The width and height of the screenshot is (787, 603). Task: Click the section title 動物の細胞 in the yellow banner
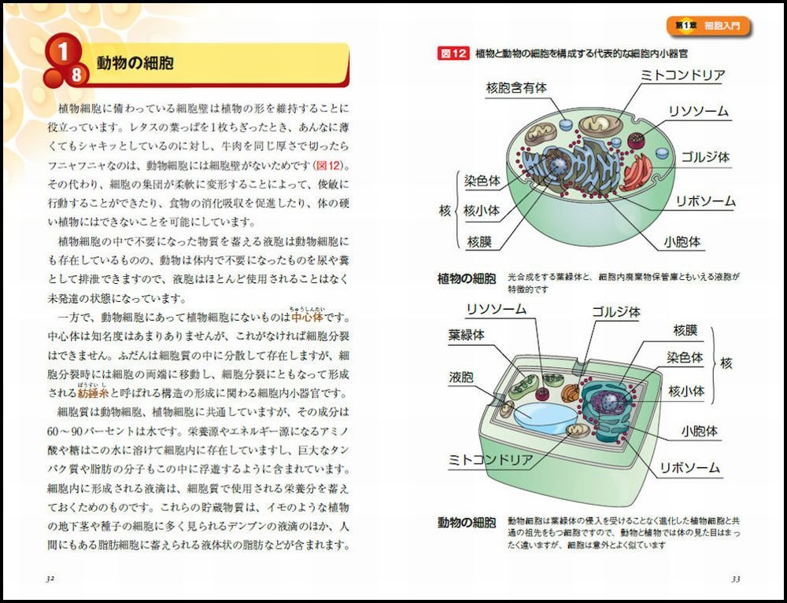(x=135, y=63)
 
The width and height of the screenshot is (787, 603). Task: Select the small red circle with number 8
(x=76, y=75)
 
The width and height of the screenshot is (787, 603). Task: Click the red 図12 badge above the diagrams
(x=453, y=53)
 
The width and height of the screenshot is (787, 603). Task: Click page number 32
(x=50, y=579)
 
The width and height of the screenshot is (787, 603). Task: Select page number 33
(x=735, y=579)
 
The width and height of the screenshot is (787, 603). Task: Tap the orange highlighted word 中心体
(x=307, y=318)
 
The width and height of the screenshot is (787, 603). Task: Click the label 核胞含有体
(x=515, y=88)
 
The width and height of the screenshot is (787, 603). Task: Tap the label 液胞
(x=461, y=377)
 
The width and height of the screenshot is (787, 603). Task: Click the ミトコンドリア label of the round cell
(x=682, y=75)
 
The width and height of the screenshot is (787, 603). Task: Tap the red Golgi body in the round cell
(x=637, y=171)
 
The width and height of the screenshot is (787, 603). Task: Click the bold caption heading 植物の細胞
(x=466, y=278)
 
